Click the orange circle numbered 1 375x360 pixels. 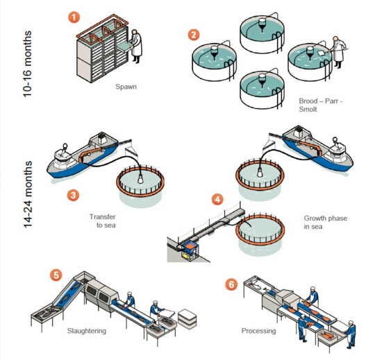(x=74, y=17)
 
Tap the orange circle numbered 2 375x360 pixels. (x=194, y=35)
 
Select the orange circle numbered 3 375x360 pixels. (x=73, y=195)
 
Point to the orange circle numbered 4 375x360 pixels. (x=217, y=199)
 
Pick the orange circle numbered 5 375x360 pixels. (x=56, y=275)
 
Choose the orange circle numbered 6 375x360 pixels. (x=231, y=284)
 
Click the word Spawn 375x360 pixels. (x=126, y=87)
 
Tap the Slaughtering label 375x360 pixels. (x=87, y=331)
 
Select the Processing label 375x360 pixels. (x=258, y=331)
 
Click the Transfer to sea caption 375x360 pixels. (x=103, y=221)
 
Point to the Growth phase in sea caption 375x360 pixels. (x=325, y=223)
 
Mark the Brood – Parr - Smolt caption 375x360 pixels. (x=320, y=105)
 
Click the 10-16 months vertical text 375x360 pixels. (x=28, y=64)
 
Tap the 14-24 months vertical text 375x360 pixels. (x=28, y=194)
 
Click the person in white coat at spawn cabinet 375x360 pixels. (x=136, y=46)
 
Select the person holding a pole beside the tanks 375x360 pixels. (x=338, y=52)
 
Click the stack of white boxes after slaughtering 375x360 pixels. (x=187, y=318)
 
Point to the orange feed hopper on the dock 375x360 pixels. (x=190, y=247)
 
